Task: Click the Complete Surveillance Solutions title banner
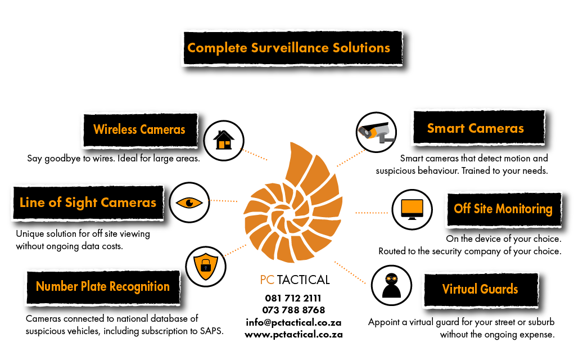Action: coord(289,48)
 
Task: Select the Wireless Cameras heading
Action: coord(139,129)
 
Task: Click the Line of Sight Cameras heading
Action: coord(88,202)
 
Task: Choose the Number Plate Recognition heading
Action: coord(102,286)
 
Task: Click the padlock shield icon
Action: coord(205,265)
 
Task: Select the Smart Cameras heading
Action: coord(475,128)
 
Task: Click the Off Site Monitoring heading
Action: coord(503,209)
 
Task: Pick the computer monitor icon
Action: coord(412,210)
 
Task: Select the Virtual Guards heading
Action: coord(480,289)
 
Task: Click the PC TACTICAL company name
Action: coord(295,280)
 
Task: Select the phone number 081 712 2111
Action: coord(293,298)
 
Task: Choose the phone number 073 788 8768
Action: coord(293,310)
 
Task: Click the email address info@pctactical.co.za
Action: coord(293,322)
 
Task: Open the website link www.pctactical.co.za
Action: coord(293,334)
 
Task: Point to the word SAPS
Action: coord(211,331)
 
